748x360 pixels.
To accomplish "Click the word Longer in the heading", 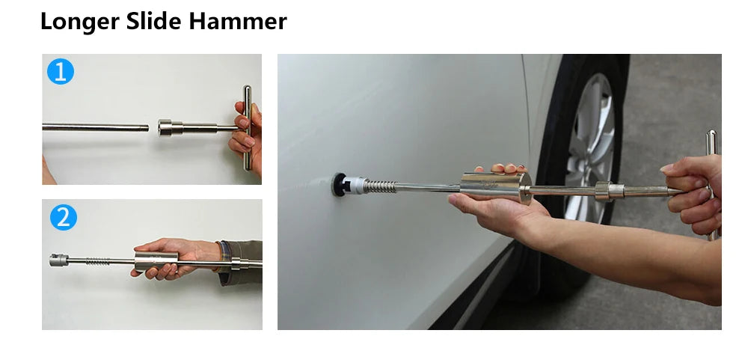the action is tap(80, 22).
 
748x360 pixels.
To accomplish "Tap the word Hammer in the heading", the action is tap(238, 21).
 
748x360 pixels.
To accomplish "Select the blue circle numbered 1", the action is tap(61, 72).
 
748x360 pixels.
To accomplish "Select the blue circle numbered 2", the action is tap(64, 217).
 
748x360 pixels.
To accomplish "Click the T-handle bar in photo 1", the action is tap(247, 127).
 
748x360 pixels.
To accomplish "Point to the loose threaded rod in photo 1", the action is tap(96, 127).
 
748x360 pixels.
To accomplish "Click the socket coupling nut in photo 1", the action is tap(171, 127).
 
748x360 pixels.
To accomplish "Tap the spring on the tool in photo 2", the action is tap(98, 261).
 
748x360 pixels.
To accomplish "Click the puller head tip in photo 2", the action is tap(58, 260).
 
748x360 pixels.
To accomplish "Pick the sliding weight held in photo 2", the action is tap(156, 261).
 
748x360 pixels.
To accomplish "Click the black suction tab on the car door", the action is tap(339, 185).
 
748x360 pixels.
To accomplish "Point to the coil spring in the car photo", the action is tap(380, 186).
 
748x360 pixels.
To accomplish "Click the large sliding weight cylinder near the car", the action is tap(496, 186).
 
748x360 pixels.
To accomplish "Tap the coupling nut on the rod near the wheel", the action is tap(609, 191).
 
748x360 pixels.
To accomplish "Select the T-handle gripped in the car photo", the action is tap(711, 184).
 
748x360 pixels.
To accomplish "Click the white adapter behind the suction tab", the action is tap(355, 186).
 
